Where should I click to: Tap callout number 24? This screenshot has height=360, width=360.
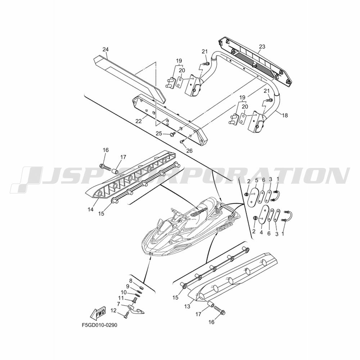click(105, 49)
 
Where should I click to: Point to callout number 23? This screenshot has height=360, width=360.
click(262, 46)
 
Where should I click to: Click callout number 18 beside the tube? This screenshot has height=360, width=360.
click(285, 115)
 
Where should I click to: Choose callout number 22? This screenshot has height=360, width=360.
click(139, 121)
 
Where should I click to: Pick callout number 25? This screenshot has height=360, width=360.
click(159, 134)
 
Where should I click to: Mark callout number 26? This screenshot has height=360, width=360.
click(189, 150)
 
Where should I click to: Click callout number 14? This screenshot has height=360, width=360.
click(91, 210)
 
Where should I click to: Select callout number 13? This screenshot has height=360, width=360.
click(187, 306)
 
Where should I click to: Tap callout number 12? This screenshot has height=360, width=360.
click(113, 311)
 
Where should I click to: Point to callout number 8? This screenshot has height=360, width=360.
click(131, 280)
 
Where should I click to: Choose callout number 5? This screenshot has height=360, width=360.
click(257, 180)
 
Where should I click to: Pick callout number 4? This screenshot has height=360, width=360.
click(261, 233)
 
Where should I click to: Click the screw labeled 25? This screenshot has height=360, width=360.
click(173, 134)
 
